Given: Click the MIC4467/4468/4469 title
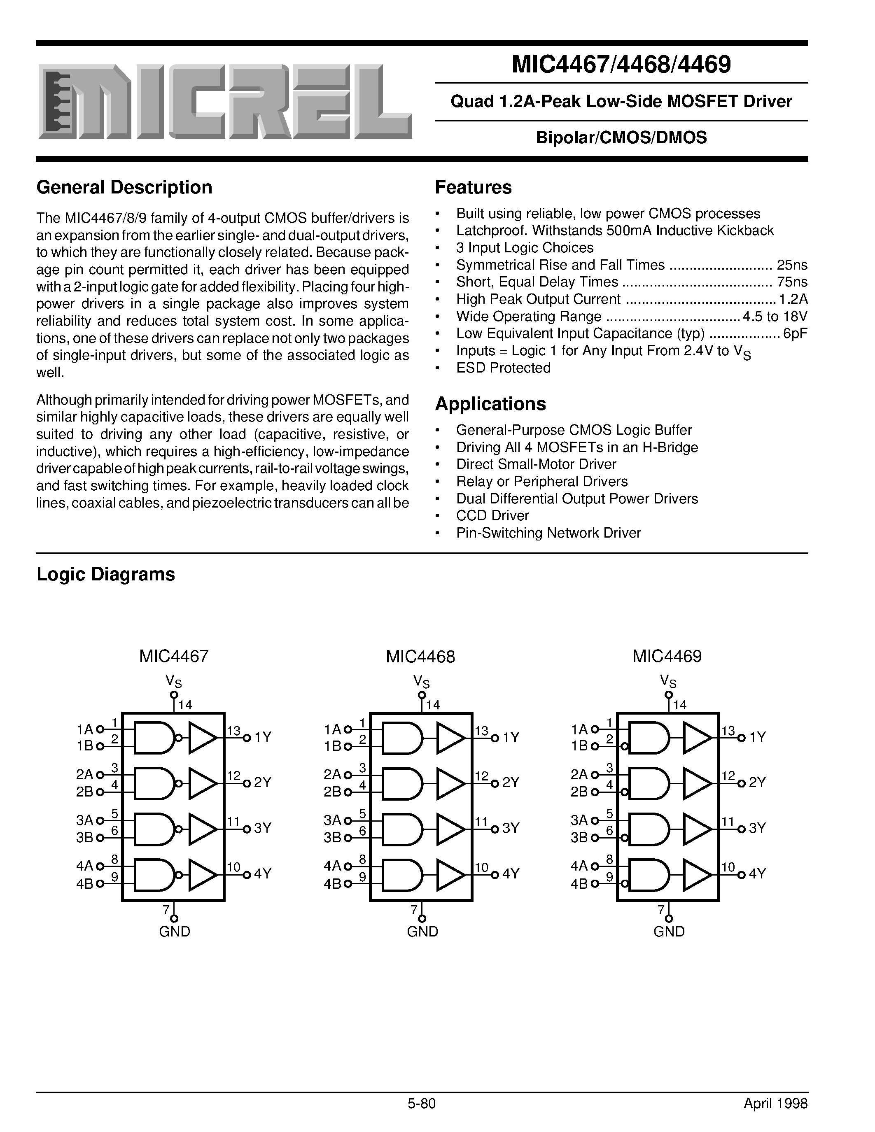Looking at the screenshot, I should click(x=621, y=64).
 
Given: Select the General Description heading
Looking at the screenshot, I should click(x=124, y=187).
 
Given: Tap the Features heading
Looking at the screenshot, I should click(x=473, y=187).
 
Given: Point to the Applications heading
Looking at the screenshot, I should click(x=490, y=404).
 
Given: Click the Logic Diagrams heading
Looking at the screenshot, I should click(x=106, y=574).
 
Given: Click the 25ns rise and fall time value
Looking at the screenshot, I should click(x=792, y=265).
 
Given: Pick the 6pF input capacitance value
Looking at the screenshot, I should click(x=795, y=333).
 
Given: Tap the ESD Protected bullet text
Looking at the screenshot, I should click(x=503, y=368).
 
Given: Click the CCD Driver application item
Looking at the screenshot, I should click(x=492, y=516).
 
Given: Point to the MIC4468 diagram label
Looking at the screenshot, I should click(x=420, y=657).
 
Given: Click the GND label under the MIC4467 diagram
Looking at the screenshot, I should click(x=174, y=932).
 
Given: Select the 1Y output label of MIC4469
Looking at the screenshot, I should click(x=757, y=737).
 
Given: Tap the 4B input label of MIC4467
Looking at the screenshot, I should click(x=84, y=884).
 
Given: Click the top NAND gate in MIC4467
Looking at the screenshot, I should click(x=154, y=737).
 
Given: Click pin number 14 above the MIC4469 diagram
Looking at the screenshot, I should click(x=679, y=705).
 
